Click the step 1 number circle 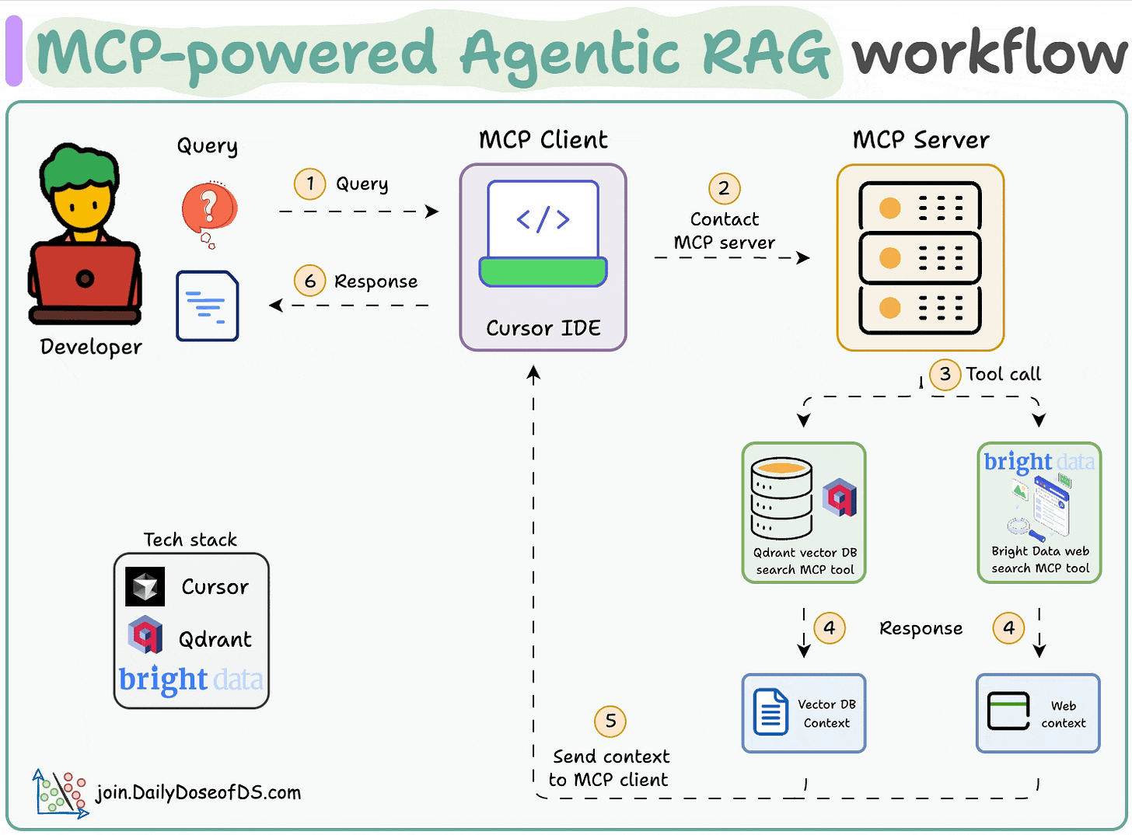point(309,184)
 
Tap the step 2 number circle point(724,188)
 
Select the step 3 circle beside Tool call point(945,374)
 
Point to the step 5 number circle point(610,721)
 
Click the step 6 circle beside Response point(309,281)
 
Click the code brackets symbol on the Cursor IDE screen point(543,219)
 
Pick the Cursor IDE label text point(543,328)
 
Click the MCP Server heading point(921,140)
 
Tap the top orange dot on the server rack point(889,208)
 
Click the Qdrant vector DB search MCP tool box point(804,513)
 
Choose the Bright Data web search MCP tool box point(1039,513)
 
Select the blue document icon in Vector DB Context point(770,712)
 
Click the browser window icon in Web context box point(1008,711)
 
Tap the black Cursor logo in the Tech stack point(145,587)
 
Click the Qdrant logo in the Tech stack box point(145,635)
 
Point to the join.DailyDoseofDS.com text point(197,793)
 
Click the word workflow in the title point(988,53)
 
